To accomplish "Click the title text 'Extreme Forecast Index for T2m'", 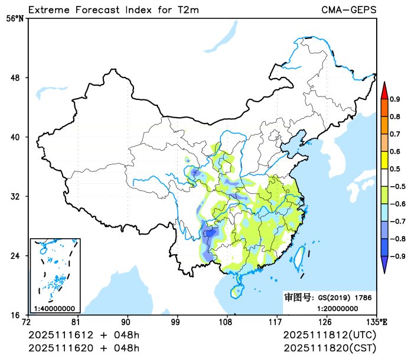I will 113,9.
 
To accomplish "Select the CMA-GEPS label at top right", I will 348,9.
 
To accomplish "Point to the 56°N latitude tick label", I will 15,18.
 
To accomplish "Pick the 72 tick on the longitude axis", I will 26,322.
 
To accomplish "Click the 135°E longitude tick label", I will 377,322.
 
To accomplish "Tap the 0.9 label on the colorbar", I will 395,99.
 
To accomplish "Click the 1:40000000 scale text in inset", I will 54,308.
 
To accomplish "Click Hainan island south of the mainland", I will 237,291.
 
